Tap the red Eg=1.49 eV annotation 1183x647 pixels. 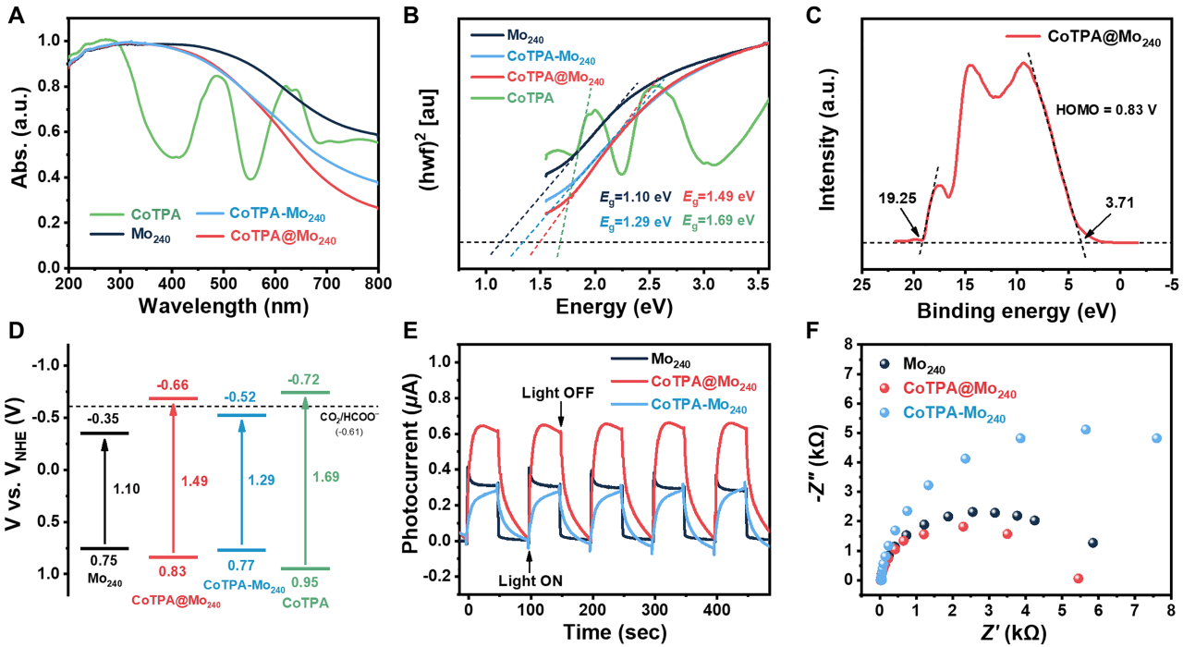point(718,196)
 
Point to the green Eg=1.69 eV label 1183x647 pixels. point(718,222)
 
